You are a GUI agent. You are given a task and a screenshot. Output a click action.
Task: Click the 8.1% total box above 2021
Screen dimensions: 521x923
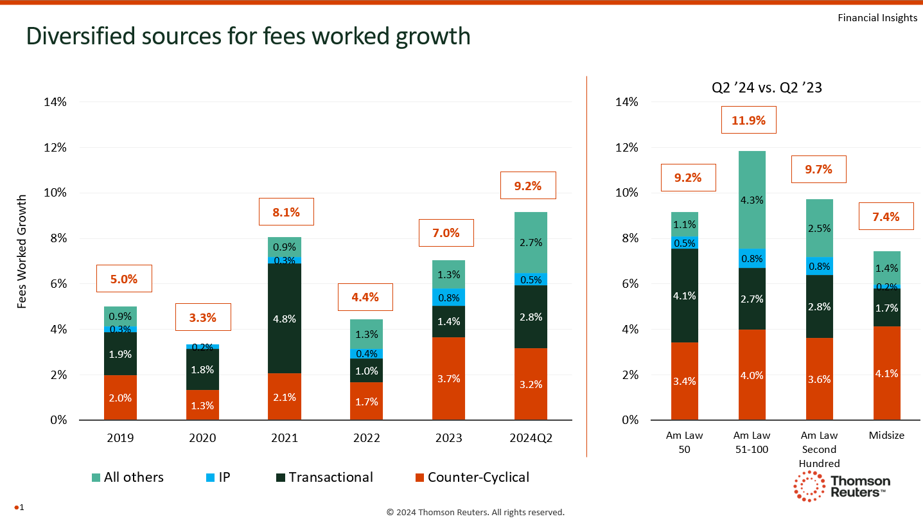286,211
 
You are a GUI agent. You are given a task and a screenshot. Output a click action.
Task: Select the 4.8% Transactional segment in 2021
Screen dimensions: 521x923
285,319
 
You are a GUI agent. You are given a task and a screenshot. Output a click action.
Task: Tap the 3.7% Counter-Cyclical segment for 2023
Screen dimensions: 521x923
448,378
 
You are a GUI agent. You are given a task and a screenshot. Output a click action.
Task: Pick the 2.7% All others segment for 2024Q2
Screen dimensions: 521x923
531,242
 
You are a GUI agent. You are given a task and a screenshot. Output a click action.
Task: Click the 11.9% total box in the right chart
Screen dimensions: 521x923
748,119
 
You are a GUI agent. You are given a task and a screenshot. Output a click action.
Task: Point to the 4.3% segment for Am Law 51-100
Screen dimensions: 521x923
752,200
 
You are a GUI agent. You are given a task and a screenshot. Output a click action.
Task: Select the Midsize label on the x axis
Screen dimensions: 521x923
886,435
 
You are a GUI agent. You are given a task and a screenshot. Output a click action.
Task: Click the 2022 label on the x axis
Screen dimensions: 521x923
367,437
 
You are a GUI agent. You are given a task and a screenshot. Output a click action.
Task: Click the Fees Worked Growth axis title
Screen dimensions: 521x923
22,251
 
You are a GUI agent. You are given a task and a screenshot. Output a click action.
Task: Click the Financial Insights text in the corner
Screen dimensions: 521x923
877,18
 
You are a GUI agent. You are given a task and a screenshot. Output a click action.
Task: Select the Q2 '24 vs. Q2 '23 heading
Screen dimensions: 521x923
766,89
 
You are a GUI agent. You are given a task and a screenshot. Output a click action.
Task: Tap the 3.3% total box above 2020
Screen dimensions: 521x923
202,317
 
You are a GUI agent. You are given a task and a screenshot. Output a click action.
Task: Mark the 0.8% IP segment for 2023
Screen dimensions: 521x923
448,297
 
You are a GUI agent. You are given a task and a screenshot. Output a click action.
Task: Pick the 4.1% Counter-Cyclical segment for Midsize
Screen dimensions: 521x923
886,373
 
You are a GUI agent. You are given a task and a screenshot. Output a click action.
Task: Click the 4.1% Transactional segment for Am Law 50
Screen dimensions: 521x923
685,296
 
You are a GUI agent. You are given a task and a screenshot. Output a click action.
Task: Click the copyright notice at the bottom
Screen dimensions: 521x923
475,512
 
